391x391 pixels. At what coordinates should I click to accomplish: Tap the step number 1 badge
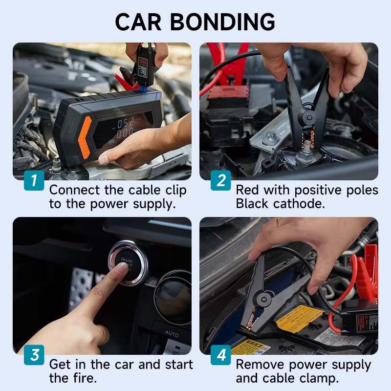click(34, 181)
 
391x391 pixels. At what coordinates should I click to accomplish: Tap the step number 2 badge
click(221, 181)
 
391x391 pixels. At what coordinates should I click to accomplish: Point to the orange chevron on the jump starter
click(85, 137)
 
